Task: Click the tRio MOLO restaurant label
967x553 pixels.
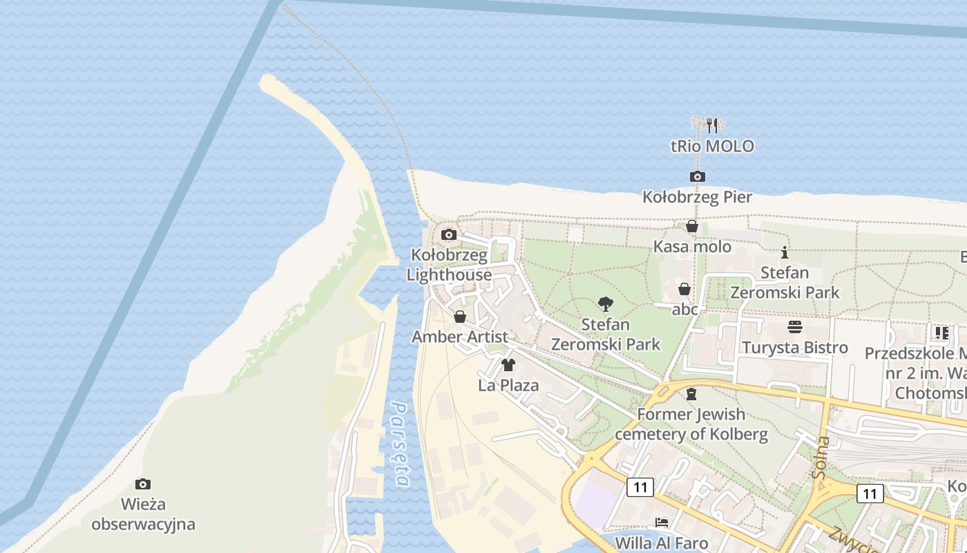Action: click(x=712, y=147)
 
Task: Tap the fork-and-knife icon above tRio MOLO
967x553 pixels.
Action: click(x=712, y=126)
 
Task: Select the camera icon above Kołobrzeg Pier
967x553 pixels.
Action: click(x=698, y=176)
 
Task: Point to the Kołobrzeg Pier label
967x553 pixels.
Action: click(x=697, y=197)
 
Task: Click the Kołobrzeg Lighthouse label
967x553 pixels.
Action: click(x=449, y=265)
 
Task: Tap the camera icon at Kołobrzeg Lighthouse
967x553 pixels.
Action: click(x=449, y=234)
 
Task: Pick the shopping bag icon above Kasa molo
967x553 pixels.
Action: click(x=692, y=226)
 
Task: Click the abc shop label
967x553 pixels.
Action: click(x=685, y=309)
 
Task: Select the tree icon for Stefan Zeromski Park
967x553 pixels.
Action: click(x=606, y=303)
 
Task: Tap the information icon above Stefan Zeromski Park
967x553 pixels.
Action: click(x=785, y=252)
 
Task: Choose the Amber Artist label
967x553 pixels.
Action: click(x=460, y=337)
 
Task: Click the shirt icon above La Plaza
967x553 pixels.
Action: click(x=508, y=365)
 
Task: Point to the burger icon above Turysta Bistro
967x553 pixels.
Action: click(x=795, y=327)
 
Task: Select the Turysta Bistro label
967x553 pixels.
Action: click(x=795, y=347)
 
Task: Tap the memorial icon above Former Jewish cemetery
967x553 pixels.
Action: click(x=691, y=394)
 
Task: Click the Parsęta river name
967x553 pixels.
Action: click(x=401, y=444)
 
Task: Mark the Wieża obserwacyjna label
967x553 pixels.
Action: click(x=143, y=514)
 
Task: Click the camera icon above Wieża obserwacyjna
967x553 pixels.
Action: click(x=143, y=484)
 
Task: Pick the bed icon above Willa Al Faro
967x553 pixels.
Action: click(x=662, y=522)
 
